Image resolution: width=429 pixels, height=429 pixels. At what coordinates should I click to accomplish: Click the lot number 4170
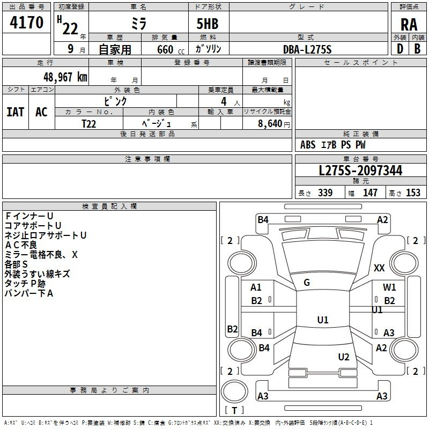[26, 24]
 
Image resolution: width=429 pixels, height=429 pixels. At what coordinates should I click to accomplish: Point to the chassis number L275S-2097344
[360, 171]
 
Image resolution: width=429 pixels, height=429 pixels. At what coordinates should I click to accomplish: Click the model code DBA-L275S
[307, 49]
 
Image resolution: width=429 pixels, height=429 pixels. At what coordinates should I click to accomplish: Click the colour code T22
[89, 123]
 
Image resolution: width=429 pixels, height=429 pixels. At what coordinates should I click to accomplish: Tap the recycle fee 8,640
[273, 123]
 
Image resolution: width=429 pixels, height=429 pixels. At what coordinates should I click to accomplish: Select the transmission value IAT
[16, 112]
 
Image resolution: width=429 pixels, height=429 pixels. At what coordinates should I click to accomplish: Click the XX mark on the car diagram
[379, 268]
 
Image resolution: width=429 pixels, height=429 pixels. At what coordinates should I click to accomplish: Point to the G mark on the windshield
[307, 283]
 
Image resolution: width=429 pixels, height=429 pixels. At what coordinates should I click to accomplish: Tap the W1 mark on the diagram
[389, 287]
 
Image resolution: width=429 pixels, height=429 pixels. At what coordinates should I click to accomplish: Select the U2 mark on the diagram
[344, 357]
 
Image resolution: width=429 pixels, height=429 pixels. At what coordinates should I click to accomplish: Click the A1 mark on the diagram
[256, 287]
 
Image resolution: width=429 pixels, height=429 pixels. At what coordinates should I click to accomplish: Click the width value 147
[370, 193]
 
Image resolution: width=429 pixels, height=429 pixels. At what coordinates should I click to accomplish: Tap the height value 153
[413, 193]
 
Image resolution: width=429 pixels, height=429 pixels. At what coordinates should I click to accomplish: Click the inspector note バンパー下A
[29, 293]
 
